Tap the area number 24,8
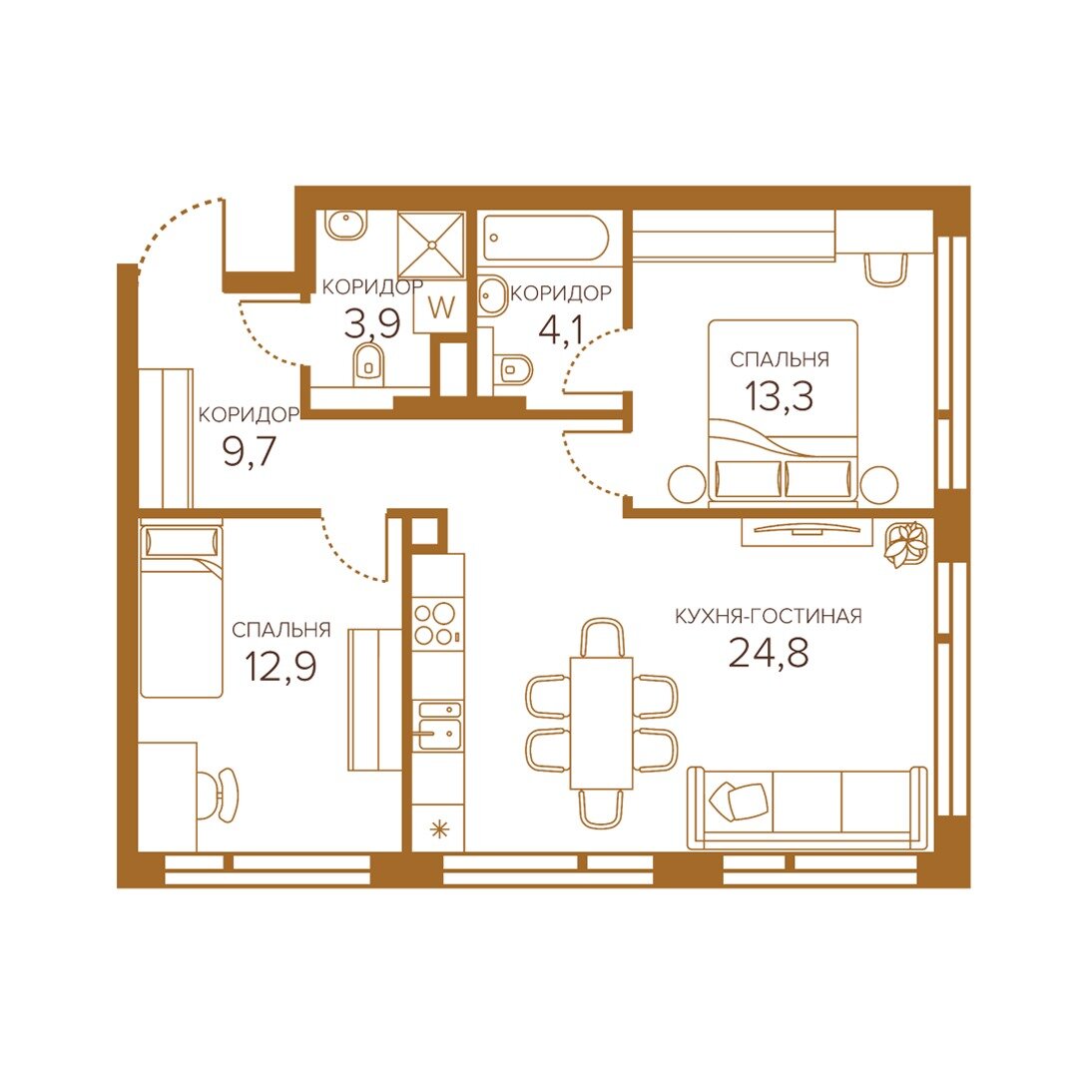point(768,653)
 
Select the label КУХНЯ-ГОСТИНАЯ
point(768,615)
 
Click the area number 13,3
point(779,396)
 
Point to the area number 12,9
point(280,666)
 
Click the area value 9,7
point(249,451)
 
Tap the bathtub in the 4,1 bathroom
point(546,238)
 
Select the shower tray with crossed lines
point(431,245)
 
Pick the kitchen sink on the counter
point(437,726)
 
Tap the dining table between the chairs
point(601,723)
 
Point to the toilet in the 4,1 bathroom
point(514,370)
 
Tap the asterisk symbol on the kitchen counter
point(438,829)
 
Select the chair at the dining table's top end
point(602,637)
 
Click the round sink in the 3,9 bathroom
point(345,225)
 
